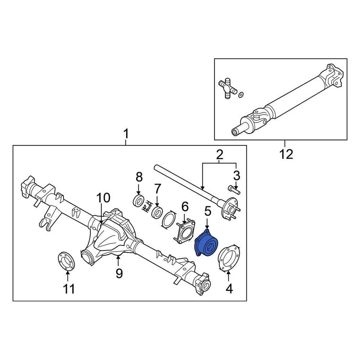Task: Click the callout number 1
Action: (126, 133)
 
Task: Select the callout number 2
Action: (219, 154)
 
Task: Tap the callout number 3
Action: (236, 175)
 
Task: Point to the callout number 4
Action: (229, 288)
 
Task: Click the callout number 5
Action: (207, 212)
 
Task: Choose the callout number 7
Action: (157, 188)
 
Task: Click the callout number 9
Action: (119, 273)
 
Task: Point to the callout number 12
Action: (286, 154)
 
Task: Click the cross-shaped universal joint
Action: (227, 88)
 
